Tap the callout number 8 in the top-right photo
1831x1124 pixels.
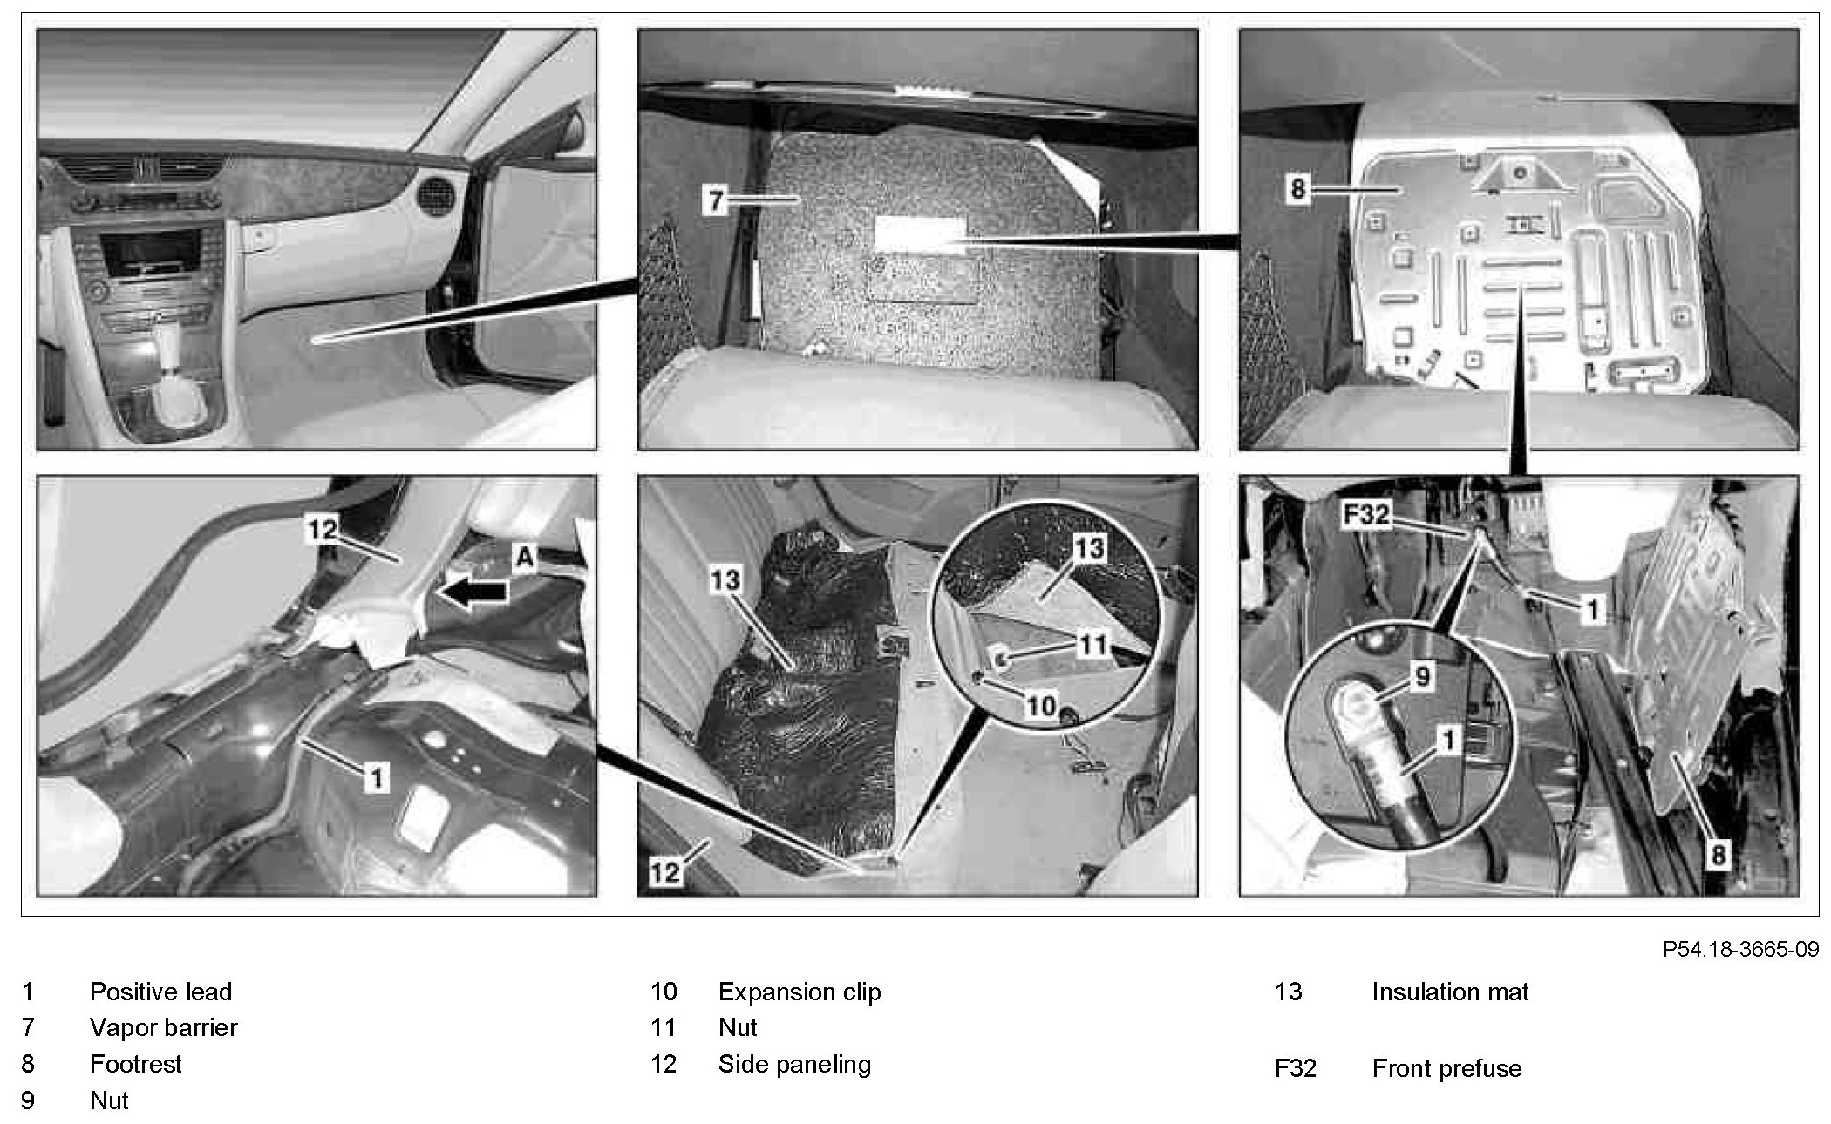click(1298, 188)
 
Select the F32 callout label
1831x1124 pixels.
click(1365, 515)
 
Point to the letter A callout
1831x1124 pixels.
click(524, 557)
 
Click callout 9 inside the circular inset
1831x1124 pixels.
click(1422, 676)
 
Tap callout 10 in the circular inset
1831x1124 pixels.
click(1041, 705)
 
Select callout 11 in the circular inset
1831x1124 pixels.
click(1092, 646)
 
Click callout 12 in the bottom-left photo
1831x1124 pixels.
click(322, 529)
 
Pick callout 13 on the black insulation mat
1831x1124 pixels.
click(725, 579)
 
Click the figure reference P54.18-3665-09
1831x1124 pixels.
click(1740, 949)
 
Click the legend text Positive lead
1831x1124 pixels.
click(160, 992)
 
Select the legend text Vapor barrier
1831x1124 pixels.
click(163, 1028)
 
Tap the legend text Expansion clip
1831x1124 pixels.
click(799, 992)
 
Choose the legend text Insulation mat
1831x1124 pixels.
click(1449, 992)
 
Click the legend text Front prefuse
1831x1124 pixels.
click(1446, 1068)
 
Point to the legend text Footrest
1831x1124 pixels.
click(135, 1064)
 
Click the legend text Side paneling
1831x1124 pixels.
click(793, 1064)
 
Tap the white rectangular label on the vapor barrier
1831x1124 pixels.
click(920, 235)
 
